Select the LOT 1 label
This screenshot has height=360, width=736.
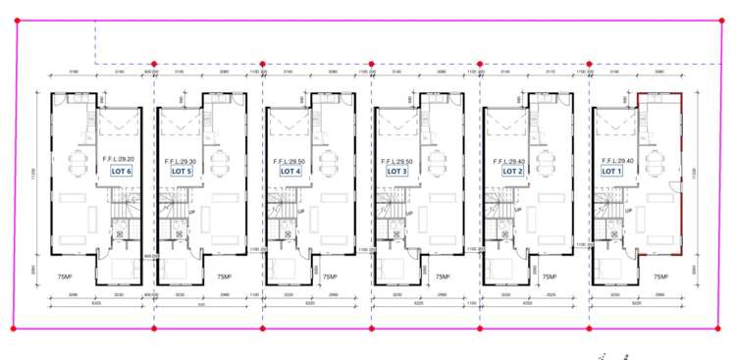612,172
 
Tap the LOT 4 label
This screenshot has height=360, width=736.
290,172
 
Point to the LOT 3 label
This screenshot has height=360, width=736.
396,172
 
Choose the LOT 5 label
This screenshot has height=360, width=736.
182,172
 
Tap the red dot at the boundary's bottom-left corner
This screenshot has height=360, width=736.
13,328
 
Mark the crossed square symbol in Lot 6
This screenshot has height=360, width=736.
121,234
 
